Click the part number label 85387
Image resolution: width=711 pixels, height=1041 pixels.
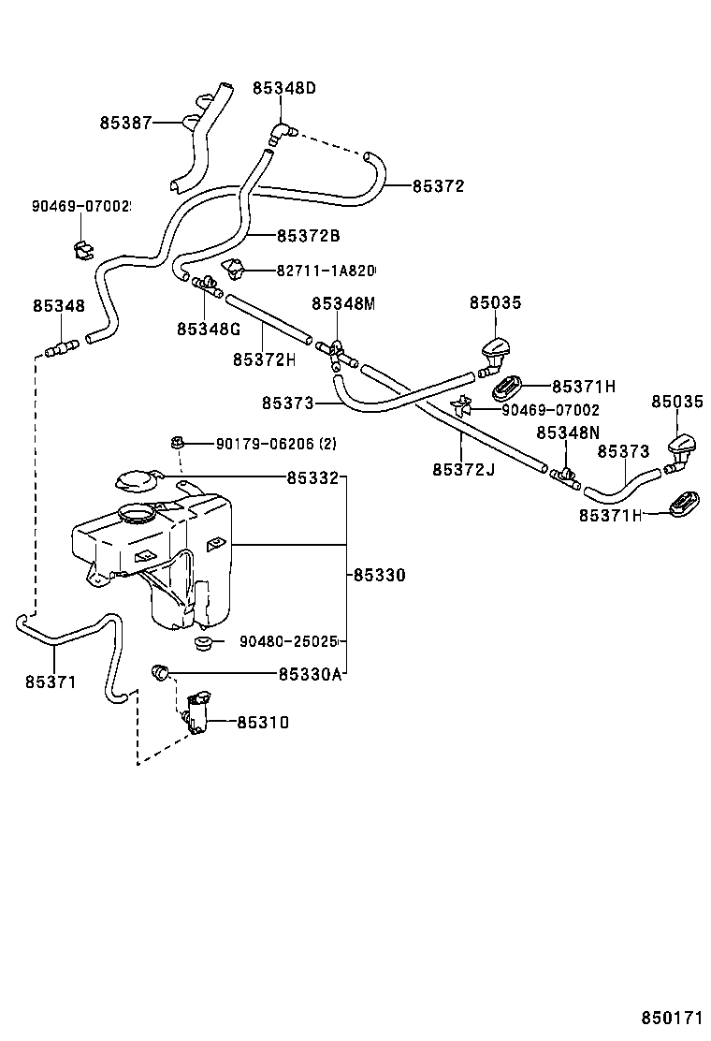pos(125,123)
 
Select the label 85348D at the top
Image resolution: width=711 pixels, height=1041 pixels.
pos(283,88)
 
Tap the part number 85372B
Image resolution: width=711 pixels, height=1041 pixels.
pos(308,235)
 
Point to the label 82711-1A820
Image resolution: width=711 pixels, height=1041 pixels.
pos(325,271)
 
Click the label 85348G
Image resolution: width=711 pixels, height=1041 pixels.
pos(209,329)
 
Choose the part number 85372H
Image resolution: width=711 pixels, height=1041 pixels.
pos(264,359)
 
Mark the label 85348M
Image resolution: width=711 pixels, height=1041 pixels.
pos(342,303)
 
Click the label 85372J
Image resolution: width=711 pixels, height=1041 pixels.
pos(462,468)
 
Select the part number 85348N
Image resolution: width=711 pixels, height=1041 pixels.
pos(567,433)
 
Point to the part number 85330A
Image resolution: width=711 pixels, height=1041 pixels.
pos(310,674)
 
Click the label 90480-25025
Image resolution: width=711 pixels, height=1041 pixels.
pos(288,642)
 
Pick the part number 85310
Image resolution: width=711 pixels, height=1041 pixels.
pos(263,723)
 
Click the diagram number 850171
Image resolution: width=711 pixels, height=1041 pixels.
pos(671,1018)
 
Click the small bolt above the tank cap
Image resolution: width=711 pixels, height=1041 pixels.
pos(176,441)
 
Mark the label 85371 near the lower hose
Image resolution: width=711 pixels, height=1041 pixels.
pos(51,682)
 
